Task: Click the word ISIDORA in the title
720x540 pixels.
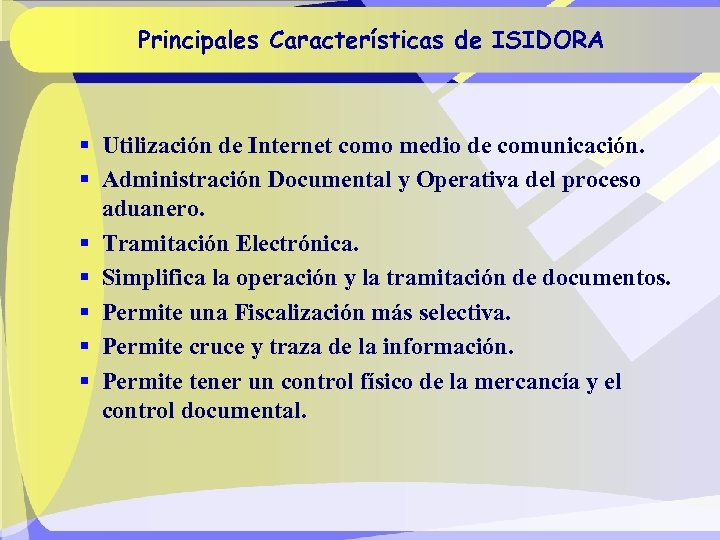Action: [547, 41]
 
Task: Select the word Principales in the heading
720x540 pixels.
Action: [195, 41]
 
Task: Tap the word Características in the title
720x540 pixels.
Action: [361, 41]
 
